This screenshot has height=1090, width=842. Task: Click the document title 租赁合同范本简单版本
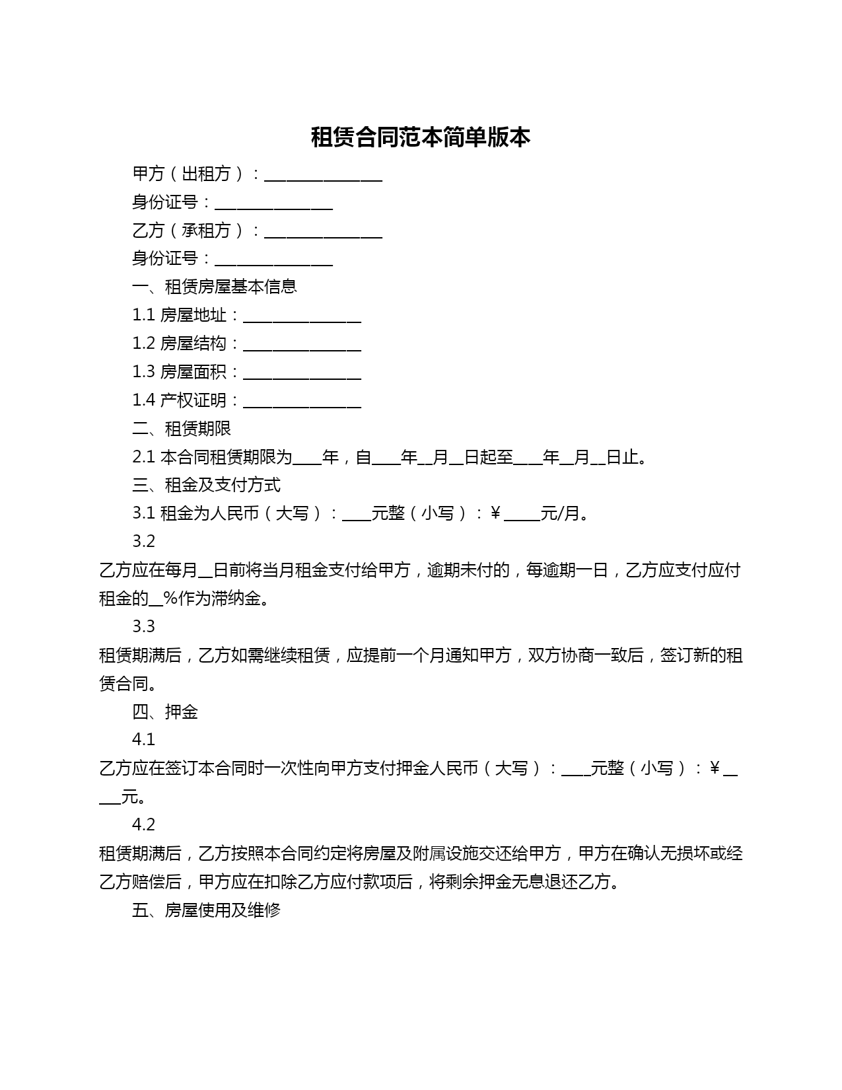(421, 137)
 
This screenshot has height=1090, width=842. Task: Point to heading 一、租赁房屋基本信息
(214, 287)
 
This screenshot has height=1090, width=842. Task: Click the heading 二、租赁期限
(182, 429)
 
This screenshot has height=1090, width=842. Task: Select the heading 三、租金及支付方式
(206, 485)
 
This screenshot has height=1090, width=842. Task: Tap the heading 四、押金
(165, 712)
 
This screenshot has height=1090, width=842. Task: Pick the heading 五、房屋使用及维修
(206, 910)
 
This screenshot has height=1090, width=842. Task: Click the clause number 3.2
(143, 542)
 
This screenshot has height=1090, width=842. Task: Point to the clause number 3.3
(143, 626)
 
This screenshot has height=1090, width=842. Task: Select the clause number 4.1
(143, 740)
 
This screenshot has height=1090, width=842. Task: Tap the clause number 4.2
(143, 825)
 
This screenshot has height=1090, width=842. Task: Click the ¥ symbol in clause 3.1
(495, 513)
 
